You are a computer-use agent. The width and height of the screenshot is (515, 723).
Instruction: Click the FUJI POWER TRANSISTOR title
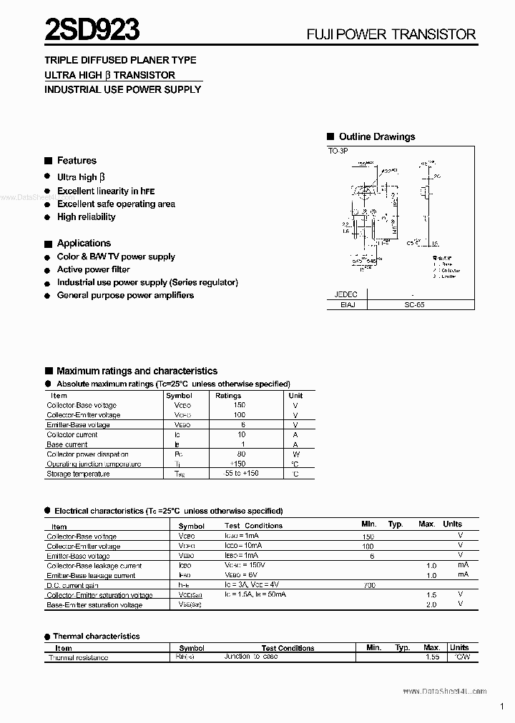(391, 34)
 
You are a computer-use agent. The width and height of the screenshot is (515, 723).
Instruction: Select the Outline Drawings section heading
(376, 136)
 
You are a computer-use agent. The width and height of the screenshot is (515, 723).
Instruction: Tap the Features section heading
(77, 161)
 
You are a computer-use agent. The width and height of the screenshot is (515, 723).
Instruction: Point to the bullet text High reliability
(86, 217)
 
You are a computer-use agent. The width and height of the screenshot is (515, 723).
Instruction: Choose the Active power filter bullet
(94, 270)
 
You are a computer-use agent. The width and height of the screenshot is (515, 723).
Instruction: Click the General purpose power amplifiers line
(125, 296)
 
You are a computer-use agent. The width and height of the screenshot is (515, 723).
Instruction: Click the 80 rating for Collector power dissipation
(240, 454)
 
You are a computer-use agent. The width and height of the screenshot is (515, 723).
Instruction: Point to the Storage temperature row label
(79, 474)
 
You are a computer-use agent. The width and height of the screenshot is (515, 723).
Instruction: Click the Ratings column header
(228, 396)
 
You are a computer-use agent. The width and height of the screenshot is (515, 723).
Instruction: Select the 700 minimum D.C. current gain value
(368, 585)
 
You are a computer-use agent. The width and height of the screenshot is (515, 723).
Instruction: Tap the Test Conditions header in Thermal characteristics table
(288, 648)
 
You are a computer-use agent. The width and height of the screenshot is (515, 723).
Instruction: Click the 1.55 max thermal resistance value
(431, 657)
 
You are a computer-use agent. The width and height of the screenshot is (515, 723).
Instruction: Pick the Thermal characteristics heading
(97, 636)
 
